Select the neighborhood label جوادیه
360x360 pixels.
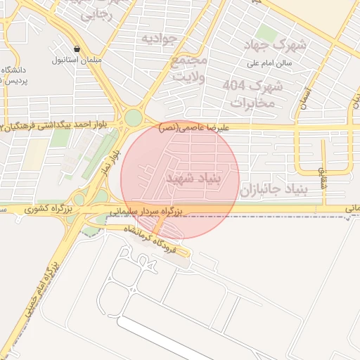(157, 38)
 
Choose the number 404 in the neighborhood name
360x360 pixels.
(236, 86)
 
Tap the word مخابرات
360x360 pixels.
(251, 103)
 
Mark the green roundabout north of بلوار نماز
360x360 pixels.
(133, 117)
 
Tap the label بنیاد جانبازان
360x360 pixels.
(271, 189)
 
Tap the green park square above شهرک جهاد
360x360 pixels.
(266, 32)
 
